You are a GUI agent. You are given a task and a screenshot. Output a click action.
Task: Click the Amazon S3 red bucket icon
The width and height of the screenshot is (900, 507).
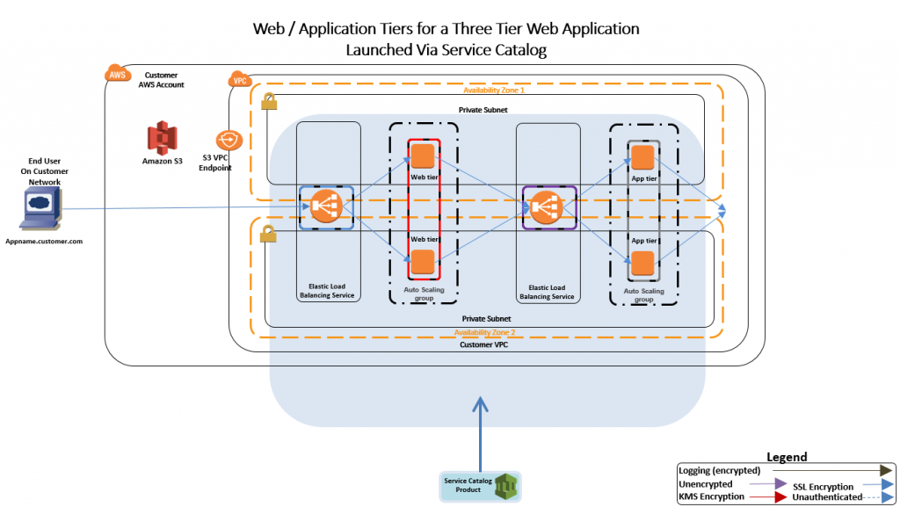[x=162, y=138]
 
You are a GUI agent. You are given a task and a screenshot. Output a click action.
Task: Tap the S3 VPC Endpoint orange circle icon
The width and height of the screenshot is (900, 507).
[x=229, y=140]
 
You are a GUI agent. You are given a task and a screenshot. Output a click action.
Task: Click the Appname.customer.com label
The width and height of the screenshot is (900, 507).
[x=44, y=242]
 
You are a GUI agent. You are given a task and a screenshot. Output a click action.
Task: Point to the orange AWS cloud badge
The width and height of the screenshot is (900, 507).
[x=118, y=74]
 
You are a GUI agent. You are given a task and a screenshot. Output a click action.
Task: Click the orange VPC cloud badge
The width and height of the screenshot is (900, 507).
[x=240, y=80]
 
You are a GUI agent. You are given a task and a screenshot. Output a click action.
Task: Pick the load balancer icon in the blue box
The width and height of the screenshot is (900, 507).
[x=326, y=206]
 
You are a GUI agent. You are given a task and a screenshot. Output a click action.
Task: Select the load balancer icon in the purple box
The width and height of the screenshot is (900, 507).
[x=545, y=207]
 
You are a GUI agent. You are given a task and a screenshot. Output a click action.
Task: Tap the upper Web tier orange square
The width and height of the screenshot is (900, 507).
[x=423, y=156]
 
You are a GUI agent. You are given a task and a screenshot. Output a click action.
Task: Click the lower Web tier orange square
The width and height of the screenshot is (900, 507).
[x=423, y=262]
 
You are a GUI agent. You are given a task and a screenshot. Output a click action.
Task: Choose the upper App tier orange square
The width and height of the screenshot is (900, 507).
[x=642, y=157]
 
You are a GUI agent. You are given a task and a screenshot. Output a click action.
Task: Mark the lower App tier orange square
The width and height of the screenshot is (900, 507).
[x=642, y=264]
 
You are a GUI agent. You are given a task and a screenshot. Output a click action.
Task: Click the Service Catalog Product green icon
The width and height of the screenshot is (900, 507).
[x=506, y=487]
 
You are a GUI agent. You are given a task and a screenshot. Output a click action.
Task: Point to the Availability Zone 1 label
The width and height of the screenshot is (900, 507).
[x=494, y=90]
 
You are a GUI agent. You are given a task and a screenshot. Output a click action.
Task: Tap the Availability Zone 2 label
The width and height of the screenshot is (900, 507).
[x=484, y=333]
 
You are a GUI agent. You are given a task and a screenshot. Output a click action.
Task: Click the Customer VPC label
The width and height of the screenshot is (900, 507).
[x=484, y=344]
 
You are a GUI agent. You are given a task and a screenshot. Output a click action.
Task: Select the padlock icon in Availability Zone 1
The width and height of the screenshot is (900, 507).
[x=269, y=102]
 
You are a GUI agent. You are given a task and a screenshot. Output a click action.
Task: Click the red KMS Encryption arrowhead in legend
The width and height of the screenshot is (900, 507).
[x=780, y=497]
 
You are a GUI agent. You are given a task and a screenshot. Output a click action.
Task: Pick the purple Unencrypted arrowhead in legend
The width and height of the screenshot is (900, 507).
[x=780, y=484]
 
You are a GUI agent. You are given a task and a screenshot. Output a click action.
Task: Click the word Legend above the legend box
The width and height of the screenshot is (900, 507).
[x=787, y=457]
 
